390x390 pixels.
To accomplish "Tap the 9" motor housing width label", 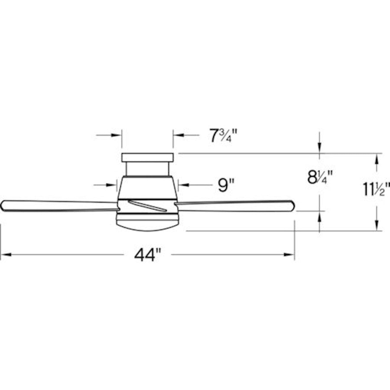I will click(x=226, y=185).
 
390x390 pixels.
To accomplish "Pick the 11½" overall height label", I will click(x=377, y=189).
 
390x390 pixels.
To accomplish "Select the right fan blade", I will click(x=234, y=206).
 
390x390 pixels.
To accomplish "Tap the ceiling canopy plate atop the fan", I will click(x=147, y=157).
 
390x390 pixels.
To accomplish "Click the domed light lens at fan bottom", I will click(x=147, y=222).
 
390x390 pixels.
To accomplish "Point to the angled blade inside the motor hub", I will click(x=148, y=206).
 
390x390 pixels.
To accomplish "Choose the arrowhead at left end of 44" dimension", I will click(x=5, y=255).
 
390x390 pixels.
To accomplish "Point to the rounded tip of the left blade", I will click(x=3, y=205).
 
